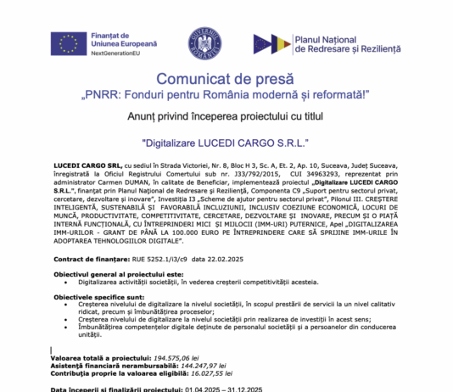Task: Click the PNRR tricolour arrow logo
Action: pyautogui.click(x=270, y=45)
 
